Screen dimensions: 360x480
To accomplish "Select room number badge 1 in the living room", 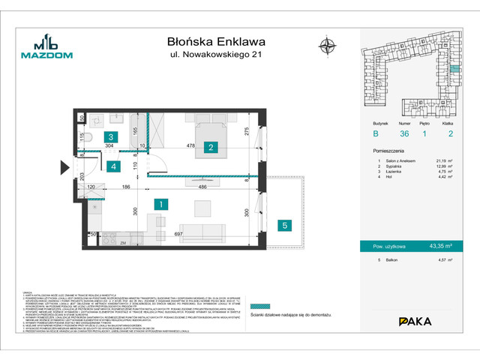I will click(159, 203).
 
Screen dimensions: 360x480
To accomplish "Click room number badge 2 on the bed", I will click(211, 147).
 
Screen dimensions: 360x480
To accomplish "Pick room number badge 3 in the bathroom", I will click(110, 137).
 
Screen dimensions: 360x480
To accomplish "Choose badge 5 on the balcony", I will click(284, 224).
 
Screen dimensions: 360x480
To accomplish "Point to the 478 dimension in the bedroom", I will click(190, 147).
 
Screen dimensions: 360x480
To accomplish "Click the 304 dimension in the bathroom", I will click(109, 148).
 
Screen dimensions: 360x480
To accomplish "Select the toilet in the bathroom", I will click(87, 140).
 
